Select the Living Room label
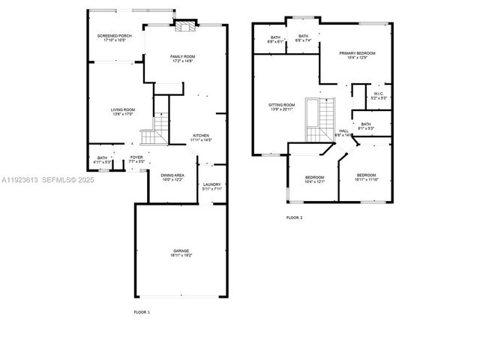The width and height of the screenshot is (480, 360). click(x=123, y=112)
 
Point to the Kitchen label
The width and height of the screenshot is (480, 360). click(x=201, y=137)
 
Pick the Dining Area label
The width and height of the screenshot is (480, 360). click(x=172, y=177)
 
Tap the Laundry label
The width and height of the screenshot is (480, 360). click(x=212, y=186)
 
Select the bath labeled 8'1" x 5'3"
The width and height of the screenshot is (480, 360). click(x=365, y=127)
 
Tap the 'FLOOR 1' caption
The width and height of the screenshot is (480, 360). click(x=142, y=311)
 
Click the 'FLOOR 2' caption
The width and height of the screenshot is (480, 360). click(x=294, y=217)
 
